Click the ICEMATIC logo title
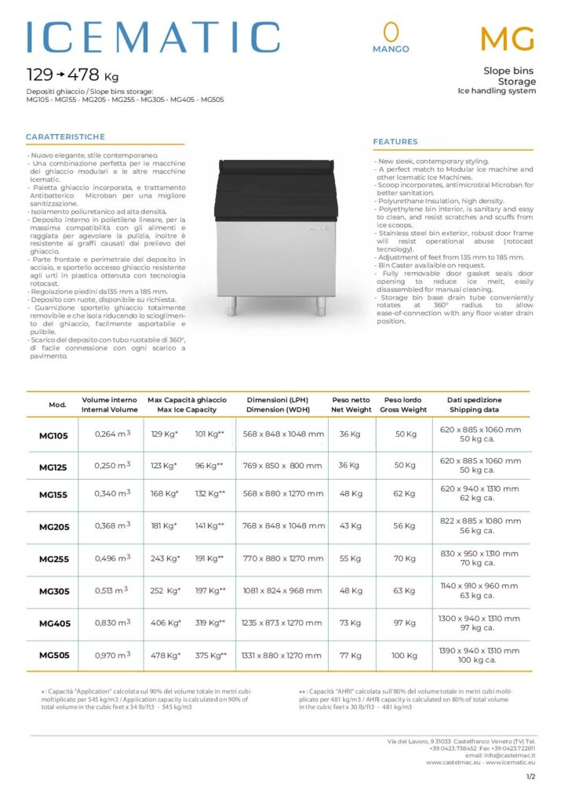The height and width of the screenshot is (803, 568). click(153, 38)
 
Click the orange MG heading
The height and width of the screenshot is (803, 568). click(508, 38)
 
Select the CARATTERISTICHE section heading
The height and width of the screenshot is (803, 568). click(65, 136)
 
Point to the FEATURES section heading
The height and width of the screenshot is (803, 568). click(395, 142)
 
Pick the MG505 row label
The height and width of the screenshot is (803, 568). click(54, 656)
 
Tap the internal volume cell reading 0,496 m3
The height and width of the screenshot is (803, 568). click(112, 558)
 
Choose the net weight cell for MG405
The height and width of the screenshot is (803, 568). click(351, 623)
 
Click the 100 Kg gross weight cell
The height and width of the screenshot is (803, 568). click(404, 656)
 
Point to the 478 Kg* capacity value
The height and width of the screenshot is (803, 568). click(165, 656)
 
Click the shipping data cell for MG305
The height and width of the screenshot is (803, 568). click(480, 590)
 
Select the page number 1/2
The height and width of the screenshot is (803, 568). click(530, 776)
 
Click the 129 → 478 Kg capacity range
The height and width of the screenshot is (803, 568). click(72, 76)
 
